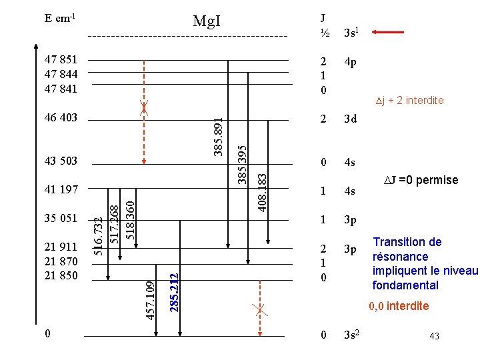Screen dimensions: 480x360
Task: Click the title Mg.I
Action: [x=206, y=21]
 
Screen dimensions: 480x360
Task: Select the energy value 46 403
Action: [x=61, y=118]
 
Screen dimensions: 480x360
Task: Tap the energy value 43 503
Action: [x=61, y=161]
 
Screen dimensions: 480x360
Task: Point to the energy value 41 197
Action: [x=61, y=190]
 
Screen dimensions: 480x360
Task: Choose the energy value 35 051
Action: [x=61, y=218]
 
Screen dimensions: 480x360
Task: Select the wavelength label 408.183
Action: [x=263, y=193]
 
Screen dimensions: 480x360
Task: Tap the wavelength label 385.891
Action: [x=217, y=137]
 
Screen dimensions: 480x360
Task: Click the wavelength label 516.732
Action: [x=99, y=237]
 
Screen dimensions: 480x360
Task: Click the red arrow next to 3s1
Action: [x=389, y=31]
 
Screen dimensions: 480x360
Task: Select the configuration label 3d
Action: [x=350, y=119]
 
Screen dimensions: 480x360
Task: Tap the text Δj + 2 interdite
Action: [x=409, y=101]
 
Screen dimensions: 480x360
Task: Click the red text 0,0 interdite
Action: [x=400, y=307]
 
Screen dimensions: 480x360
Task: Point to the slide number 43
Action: [x=435, y=336]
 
